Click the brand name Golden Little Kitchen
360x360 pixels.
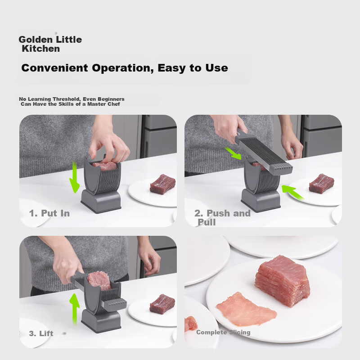(x=49, y=44)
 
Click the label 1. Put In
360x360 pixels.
(x=49, y=213)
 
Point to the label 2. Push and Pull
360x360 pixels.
(x=221, y=217)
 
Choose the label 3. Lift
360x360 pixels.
(x=41, y=333)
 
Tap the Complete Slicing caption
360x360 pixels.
(x=223, y=333)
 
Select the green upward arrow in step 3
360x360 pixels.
(x=74, y=307)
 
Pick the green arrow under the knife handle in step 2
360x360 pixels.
(x=234, y=153)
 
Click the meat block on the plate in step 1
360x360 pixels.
(x=162, y=184)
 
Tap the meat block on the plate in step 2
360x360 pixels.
(x=321, y=184)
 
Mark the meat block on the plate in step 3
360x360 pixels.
(x=162, y=304)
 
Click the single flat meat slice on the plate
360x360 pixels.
(x=245, y=309)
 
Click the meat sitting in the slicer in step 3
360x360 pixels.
(x=99, y=280)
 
